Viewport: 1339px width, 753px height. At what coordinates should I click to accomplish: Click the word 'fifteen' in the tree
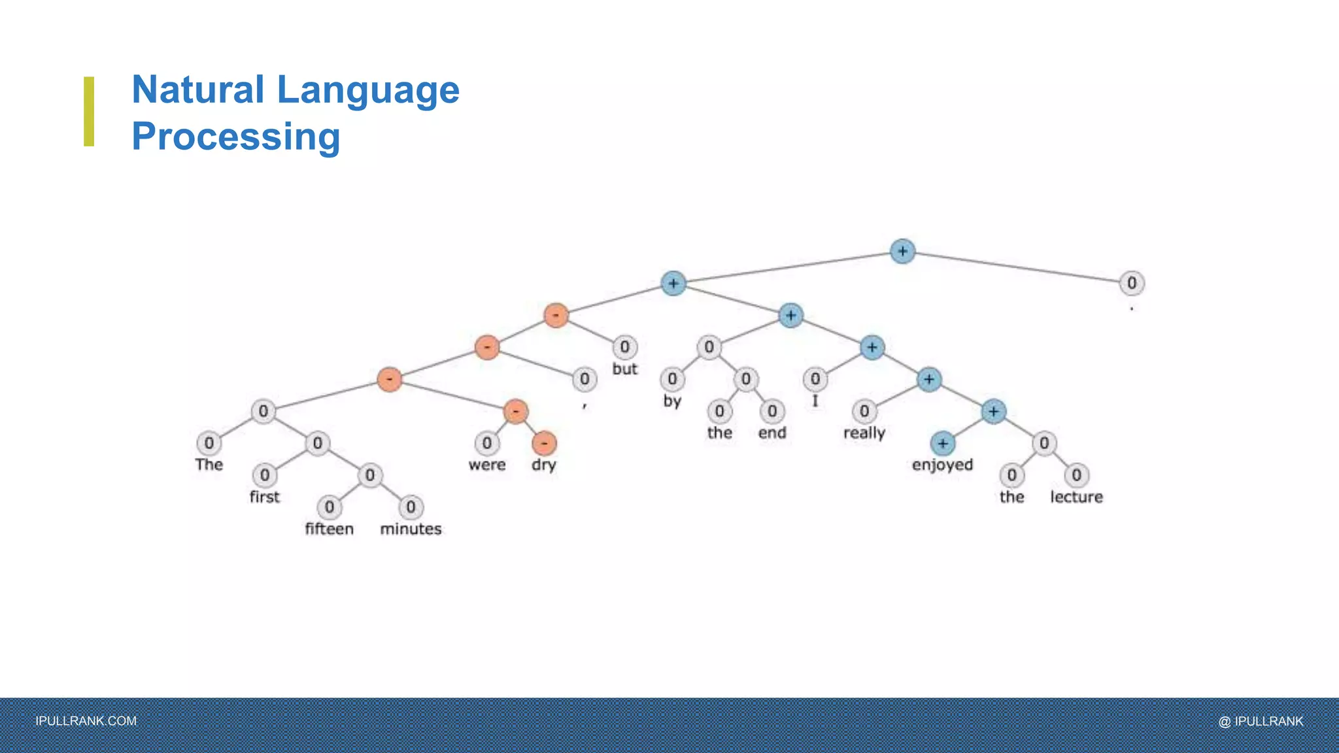(x=329, y=528)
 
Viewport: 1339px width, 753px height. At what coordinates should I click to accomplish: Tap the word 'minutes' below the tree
(x=411, y=528)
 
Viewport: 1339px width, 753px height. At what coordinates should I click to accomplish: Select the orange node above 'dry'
(x=544, y=443)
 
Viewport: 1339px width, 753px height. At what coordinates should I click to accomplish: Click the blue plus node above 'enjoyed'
(x=942, y=443)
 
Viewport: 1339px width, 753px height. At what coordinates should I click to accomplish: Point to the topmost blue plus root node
(x=902, y=251)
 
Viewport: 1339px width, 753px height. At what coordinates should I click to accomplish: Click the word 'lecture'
(x=1076, y=497)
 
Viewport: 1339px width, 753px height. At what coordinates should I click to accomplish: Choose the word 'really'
(x=864, y=433)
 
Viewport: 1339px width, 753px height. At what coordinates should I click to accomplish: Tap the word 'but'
(x=624, y=369)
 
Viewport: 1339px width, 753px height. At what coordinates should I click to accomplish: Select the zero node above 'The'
(x=209, y=443)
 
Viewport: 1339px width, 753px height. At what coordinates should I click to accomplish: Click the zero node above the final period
(x=1131, y=283)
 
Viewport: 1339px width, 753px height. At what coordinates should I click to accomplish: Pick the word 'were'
(x=486, y=465)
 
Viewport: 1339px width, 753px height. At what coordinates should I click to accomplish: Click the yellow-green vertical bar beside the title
(x=89, y=111)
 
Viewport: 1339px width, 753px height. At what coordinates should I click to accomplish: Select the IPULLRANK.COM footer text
(x=86, y=721)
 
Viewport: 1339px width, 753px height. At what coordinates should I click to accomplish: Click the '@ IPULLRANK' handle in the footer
(x=1261, y=721)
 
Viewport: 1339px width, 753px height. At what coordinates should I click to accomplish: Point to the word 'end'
(x=772, y=433)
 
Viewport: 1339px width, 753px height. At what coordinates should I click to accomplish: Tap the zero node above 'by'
(x=672, y=379)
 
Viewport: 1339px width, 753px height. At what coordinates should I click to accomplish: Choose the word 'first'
(x=264, y=497)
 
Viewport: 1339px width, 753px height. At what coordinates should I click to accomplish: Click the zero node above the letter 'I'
(x=815, y=379)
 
